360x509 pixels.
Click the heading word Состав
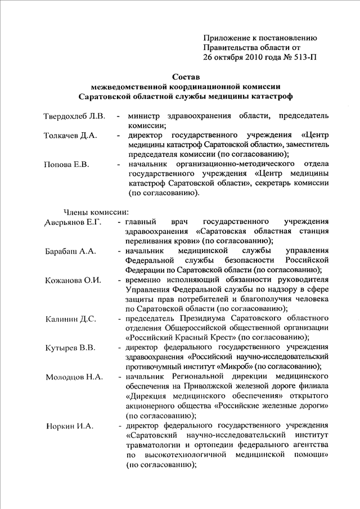(x=186, y=76)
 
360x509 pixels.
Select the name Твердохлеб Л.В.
(x=74, y=116)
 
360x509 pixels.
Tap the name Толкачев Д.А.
(x=71, y=136)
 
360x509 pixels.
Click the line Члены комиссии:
(x=96, y=212)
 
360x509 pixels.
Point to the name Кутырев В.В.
(x=70, y=347)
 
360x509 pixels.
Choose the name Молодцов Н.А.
(x=74, y=376)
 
